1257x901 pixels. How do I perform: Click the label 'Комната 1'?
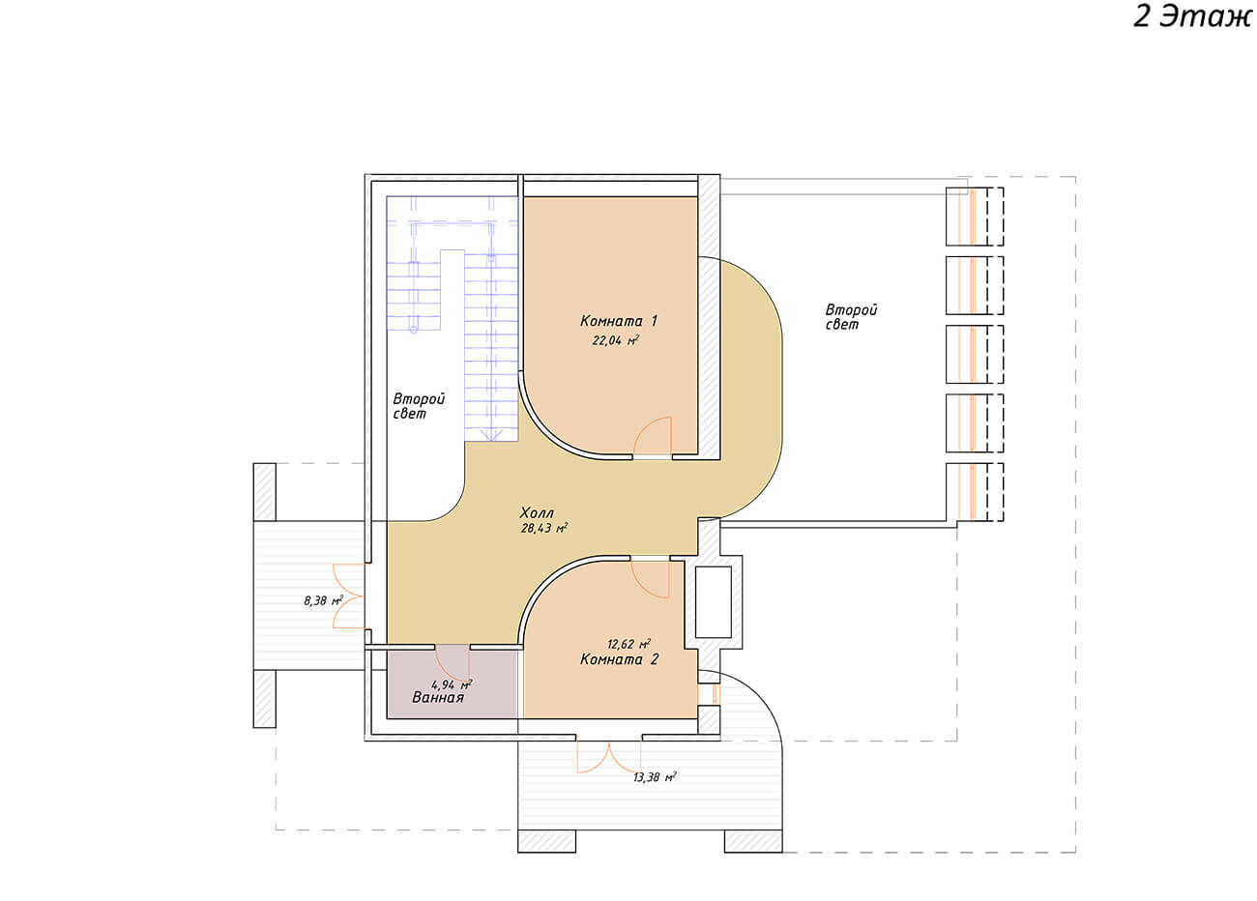[x=618, y=321]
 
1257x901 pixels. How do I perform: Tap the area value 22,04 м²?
[x=616, y=340]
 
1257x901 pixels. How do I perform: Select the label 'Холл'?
[x=537, y=512]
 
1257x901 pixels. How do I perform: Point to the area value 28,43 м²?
[x=543, y=528]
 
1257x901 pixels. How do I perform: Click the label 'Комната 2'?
[x=619, y=658]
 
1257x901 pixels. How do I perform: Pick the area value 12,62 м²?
[x=628, y=643]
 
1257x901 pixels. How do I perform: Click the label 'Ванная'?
[x=438, y=697]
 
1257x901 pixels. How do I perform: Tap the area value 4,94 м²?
[x=452, y=684]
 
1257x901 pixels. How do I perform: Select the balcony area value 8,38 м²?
[x=323, y=601]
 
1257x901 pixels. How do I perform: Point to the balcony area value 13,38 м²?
[x=655, y=777]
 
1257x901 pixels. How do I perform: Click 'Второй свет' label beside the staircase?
[x=419, y=406]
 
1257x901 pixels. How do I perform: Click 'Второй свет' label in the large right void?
[x=851, y=317]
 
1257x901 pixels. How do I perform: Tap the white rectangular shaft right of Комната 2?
[x=714, y=601]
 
